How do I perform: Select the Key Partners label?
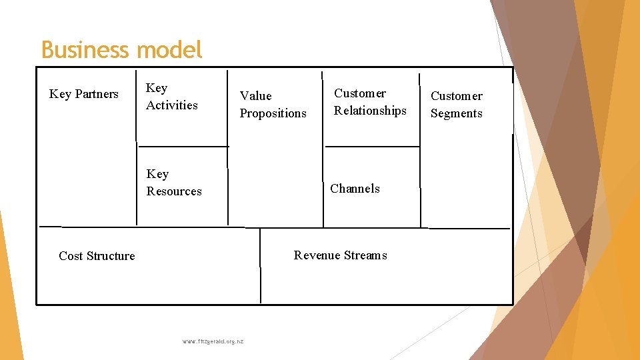coord(84,94)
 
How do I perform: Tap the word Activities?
coord(172,105)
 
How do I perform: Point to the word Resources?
coord(174,191)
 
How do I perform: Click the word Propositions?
coord(273,113)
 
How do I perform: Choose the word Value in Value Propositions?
coord(256,96)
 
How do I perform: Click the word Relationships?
coord(370,111)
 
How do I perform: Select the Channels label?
coord(355,189)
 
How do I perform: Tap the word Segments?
coord(456,113)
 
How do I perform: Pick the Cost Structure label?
coord(97,256)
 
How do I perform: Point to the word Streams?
coord(366,255)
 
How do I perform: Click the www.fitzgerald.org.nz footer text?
coord(213,341)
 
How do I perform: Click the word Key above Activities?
coord(157,88)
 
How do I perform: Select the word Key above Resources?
coord(157,174)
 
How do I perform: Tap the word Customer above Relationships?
coord(360,93)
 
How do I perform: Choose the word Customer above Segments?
coord(457,96)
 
